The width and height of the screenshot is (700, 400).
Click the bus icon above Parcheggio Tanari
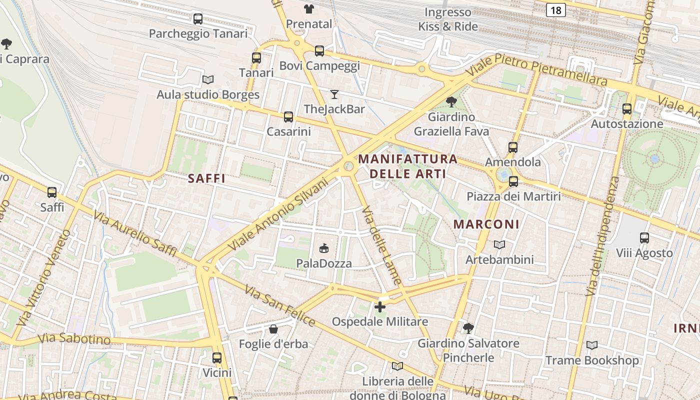198,19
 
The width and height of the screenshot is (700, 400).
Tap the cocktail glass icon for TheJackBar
334,94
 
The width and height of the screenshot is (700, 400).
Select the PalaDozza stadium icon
324,248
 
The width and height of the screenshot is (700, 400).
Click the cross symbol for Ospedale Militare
380,306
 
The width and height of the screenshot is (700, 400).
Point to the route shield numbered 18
555,9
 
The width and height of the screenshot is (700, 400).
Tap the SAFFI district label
206,178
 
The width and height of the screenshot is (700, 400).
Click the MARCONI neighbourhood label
486,224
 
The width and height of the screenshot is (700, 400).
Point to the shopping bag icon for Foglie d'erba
273,329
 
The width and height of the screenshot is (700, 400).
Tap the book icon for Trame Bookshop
592,345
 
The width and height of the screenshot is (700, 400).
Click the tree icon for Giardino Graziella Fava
451,102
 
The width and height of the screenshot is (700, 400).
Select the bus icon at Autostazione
627,108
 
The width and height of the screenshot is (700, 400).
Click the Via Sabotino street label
74,338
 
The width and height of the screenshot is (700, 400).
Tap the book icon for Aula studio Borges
208,79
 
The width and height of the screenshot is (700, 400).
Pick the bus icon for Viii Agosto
644,238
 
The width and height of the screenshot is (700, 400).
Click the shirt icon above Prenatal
309,8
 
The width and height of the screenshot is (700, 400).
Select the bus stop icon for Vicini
217,358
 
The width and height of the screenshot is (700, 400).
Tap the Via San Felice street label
280,305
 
